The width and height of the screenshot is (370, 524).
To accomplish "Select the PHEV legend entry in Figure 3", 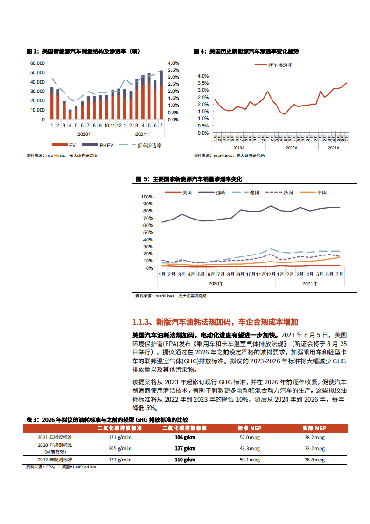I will pyautogui.click(x=100, y=145).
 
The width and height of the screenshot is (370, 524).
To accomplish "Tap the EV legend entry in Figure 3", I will pyautogui.click(x=68, y=145).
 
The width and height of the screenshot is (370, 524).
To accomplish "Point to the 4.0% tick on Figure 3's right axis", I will pyautogui.click(x=173, y=63).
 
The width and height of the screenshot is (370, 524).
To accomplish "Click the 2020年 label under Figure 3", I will pyautogui.click(x=85, y=134).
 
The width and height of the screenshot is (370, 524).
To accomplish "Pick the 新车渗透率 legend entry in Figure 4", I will pyautogui.click(x=280, y=65).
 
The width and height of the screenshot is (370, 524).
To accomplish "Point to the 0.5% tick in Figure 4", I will pyautogui.click(x=202, y=126).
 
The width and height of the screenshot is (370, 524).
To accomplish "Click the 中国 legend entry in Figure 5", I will pyautogui.click(x=321, y=192).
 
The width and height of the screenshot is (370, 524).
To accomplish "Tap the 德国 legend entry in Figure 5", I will pyautogui.click(x=254, y=192).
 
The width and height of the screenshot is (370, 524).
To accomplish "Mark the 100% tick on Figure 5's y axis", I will pyautogui.click(x=147, y=197).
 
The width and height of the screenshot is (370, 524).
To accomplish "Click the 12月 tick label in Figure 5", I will pyautogui.click(x=271, y=275).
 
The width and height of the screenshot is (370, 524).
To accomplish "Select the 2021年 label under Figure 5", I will pyautogui.click(x=310, y=283).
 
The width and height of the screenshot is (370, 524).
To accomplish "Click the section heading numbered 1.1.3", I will pyautogui.click(x=215, y=322).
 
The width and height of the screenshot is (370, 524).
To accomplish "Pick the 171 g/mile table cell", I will pyautogui.click(x=120, y=437).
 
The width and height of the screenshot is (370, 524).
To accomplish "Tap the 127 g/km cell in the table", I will pyautogui.click(x=185, y=448).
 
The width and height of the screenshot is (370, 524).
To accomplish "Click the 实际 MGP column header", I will pyautogui.click(x=314, y=428).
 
